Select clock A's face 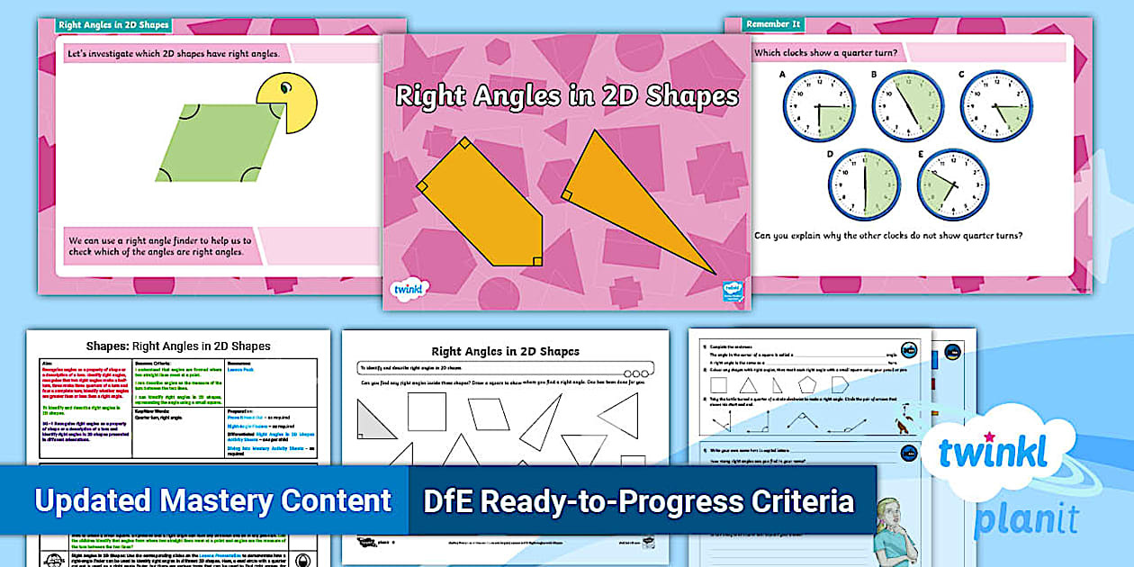pos(817,105)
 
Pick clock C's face pos(996,105)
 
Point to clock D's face pos(864,184)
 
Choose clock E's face pos(952,184)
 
